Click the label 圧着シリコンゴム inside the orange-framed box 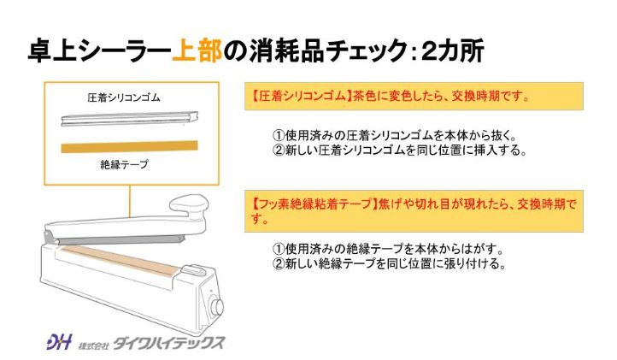pyautogui.click(x=124, y=97)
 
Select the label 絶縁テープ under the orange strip pyautogui.click(x=125, y=164)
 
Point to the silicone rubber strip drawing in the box pyautogui.click(x=129, y=119)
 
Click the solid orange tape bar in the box pyautogui.click(x=129, y=146)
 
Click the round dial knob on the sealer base pyautogui.click(x=217, y=306)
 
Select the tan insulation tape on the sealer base pyautogui.click(x=120, y=261)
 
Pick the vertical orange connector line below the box pyautogui.click(x=130, y=201)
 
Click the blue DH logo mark pyautogui.click(x=59, y=341)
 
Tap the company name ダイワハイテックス pyautogui.click(x=169, y=342)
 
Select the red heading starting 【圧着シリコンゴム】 pyautogui.click(x=391, y=96)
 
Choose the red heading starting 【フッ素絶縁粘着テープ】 pyautogui.click(x=414, y=210)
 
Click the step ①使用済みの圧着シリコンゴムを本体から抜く pyautogui.click(x=394, y=135)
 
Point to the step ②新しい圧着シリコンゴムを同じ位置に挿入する pyautogui.click(x=399, y=150)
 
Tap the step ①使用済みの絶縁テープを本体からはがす pyautogui.click(x=388, y=249)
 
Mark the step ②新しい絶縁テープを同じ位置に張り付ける pyautogui.click(x=389, y=263)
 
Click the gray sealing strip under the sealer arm pyautogui.click(x=118, y=240)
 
